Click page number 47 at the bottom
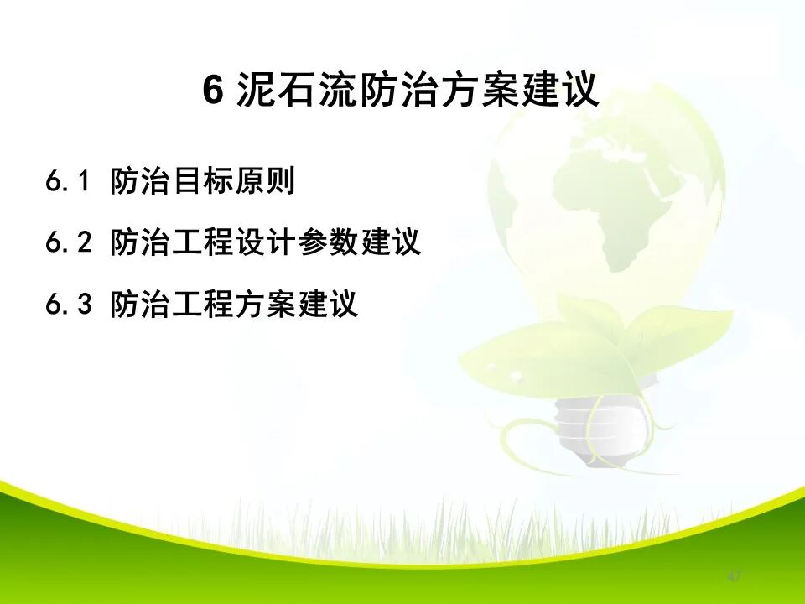pos(735,577)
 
